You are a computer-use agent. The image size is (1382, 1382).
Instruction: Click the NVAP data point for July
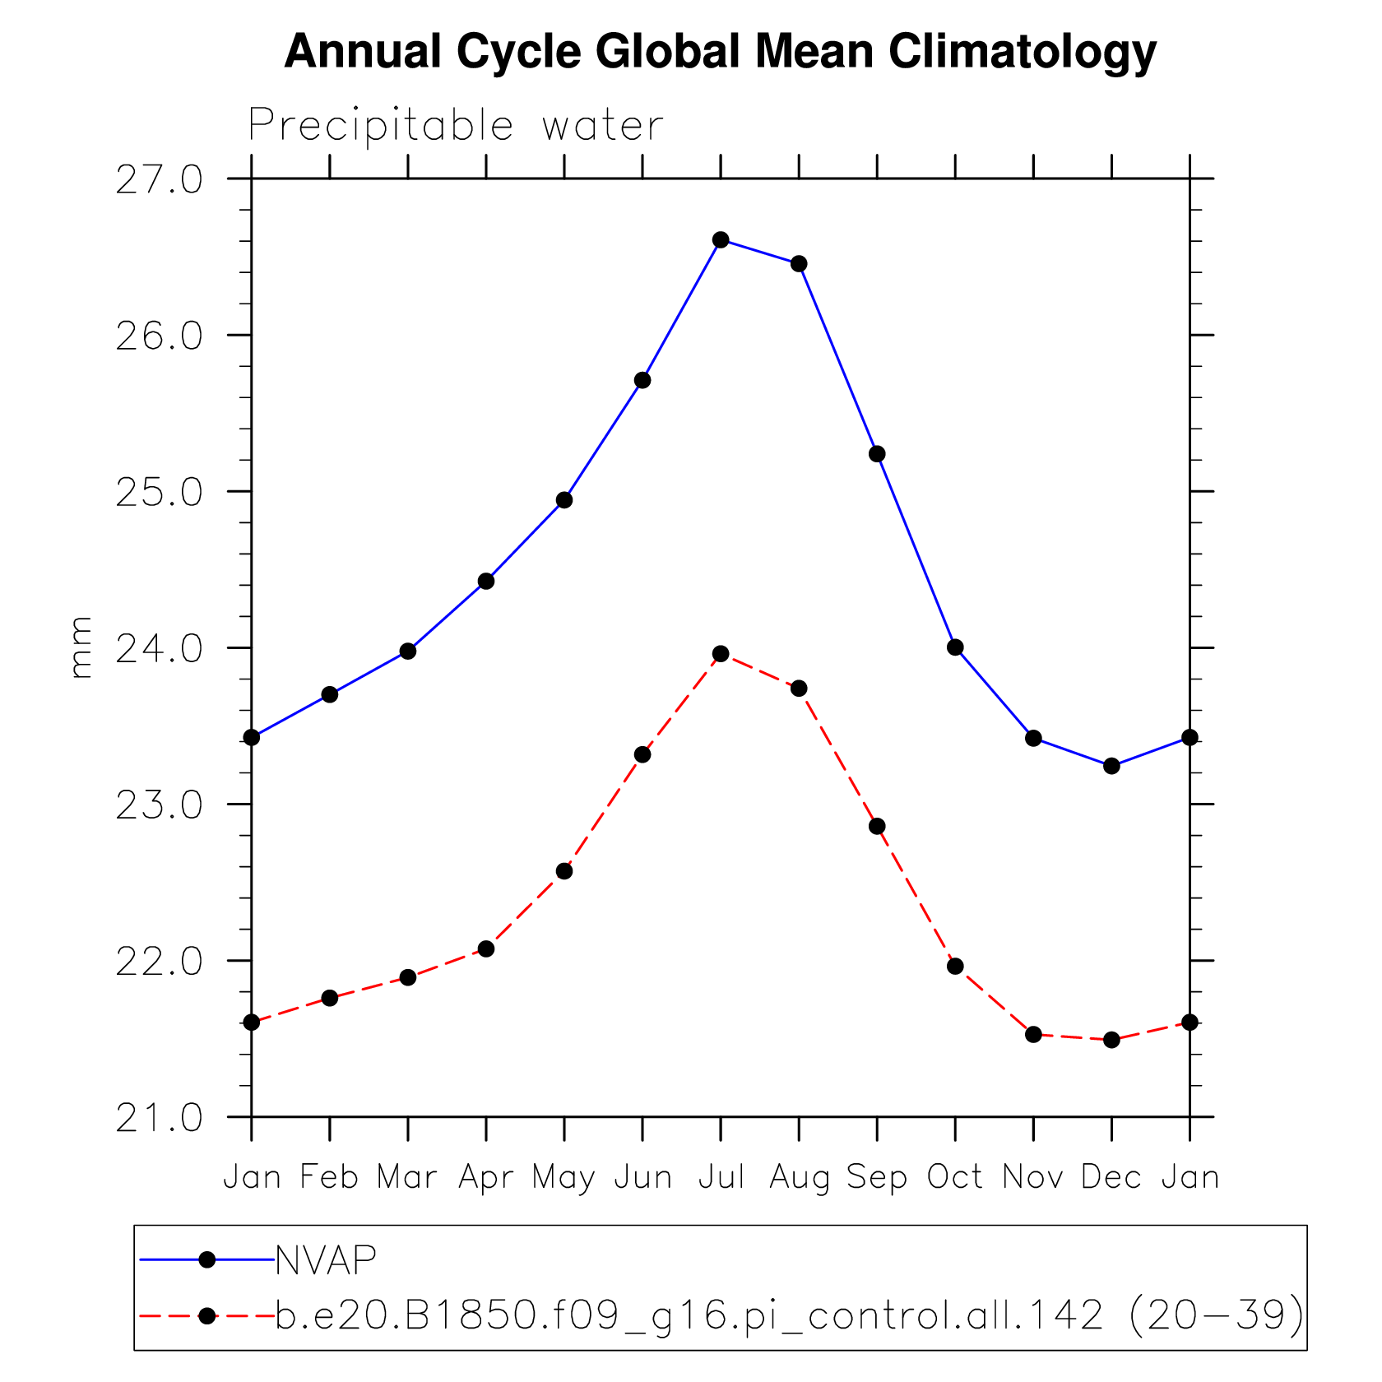click(x=721, y=239)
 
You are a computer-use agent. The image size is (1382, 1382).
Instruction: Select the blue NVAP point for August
click(x=799, y=263)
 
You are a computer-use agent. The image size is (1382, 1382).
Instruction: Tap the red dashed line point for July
click(x=721, y=654)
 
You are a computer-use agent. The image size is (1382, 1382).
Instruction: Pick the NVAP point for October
click(x=955, y=647)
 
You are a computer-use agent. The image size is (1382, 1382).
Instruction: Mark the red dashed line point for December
click(x=1111, y=1040)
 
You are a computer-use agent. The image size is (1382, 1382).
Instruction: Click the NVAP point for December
click(x=1111, y=766)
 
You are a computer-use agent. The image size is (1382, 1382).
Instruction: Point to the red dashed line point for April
click(x=486, y=948)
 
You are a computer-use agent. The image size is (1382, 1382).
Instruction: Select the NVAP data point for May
click(x=564, y=500)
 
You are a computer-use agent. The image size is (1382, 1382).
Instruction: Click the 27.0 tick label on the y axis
click(x=159, y=179)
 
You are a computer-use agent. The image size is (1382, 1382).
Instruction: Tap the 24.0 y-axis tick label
click(x=159, y=649)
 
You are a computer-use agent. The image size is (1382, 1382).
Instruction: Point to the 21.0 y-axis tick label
click(x=159, y=1118)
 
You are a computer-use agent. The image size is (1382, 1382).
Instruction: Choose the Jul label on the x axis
click(x=721, y=1177)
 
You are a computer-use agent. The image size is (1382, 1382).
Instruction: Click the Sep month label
click(x=877, y=1177)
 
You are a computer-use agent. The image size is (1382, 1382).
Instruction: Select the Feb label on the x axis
click(x=329, y=1177)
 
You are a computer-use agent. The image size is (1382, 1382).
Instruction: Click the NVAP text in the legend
click(x=326, y=1259)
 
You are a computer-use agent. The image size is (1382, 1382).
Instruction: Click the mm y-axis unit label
click(x=81, y=647)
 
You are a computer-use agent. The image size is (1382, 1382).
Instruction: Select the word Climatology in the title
click(x=1022, y=51)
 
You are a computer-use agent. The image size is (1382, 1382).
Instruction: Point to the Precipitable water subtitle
click(x=455, y=126)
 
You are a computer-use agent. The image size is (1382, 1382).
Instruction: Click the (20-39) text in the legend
click(x=1216, y=1315)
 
